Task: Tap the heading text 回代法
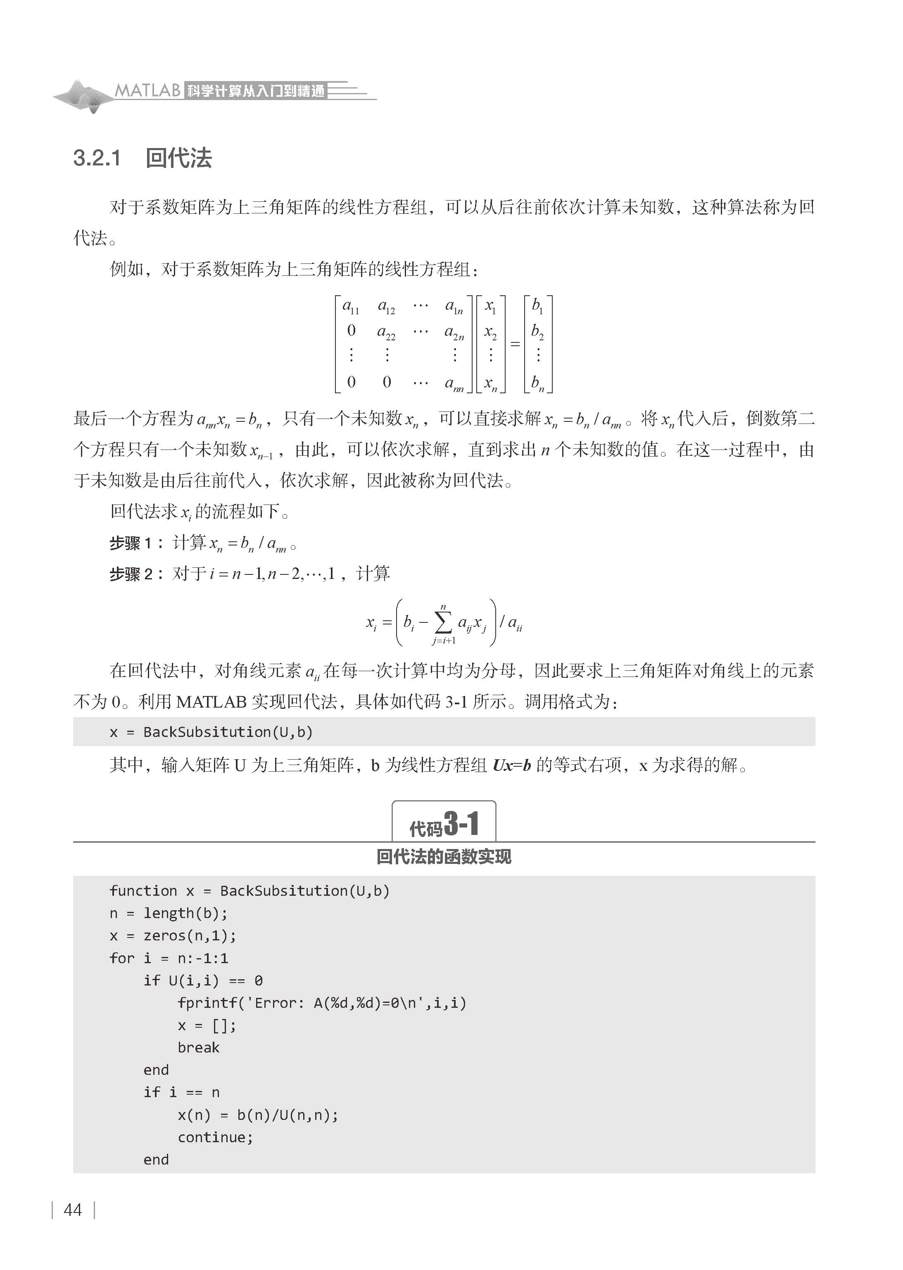[x=178, y=158]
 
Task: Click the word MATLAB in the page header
[x=147, y=90]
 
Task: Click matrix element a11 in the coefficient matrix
[x=351, y=306]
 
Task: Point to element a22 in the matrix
[x=386, y=332]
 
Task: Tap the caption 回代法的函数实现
[x=444, y=856]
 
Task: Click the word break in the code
[x=199, y=1048]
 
